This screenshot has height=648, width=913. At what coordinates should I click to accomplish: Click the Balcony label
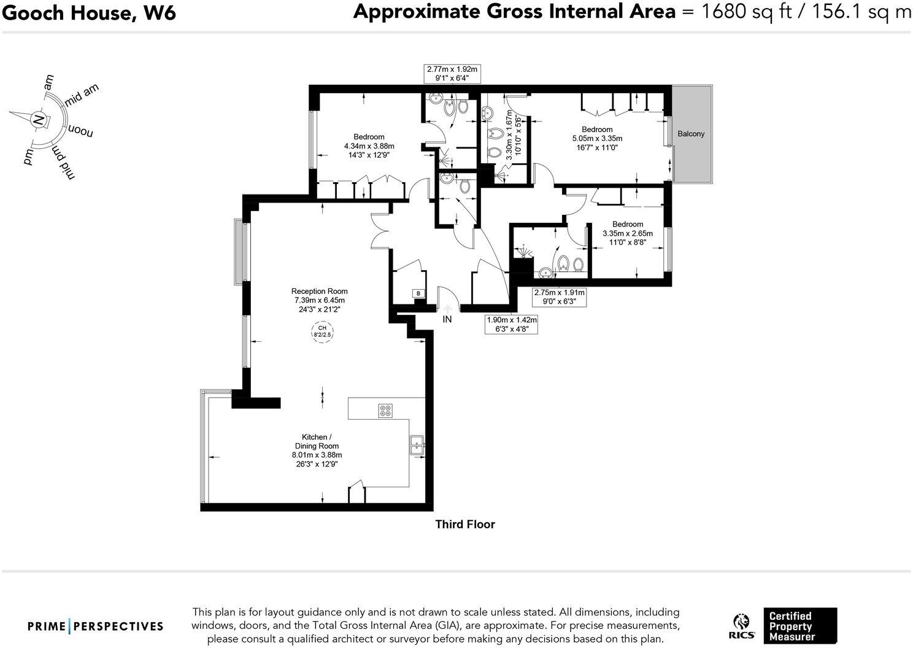point(691,134)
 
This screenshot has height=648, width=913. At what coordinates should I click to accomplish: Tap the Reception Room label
point(319,291)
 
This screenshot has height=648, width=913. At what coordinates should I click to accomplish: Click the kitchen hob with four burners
point(385,411)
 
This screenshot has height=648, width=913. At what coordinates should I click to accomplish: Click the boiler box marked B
point(418,294)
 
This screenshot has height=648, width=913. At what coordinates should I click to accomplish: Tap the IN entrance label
point(447,319)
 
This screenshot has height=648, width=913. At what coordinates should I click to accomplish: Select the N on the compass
point(39,120)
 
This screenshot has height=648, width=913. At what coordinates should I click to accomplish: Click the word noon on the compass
point(81,131)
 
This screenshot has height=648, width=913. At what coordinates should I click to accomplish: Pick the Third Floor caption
point(464,524)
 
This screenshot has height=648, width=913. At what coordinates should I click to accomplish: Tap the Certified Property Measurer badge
point(799,626)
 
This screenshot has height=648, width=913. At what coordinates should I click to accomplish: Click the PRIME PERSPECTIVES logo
point(96,627)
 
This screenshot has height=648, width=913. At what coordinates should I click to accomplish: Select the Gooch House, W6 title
point(89,12)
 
